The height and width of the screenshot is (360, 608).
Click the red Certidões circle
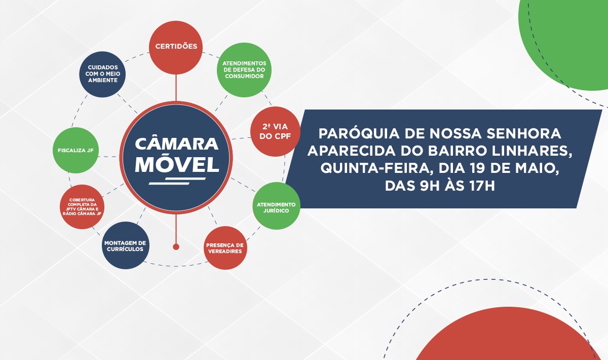tap(176, 47)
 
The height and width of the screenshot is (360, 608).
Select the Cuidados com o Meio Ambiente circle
tap(102, 74)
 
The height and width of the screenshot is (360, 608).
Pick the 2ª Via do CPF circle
tap(274, 131)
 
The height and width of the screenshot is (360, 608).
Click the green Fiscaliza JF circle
tap(75, 151)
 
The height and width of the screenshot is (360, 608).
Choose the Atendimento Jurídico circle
tap(276, 205)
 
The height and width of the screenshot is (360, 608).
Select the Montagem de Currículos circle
tap(125, 245)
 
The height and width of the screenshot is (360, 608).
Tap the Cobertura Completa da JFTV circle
tap(82, 206)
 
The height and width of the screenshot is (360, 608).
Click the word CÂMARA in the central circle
tap(177, 143)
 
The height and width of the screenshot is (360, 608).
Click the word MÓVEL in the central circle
tap(177, 164)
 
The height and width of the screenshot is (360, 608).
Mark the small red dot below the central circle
tap(176, 247)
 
